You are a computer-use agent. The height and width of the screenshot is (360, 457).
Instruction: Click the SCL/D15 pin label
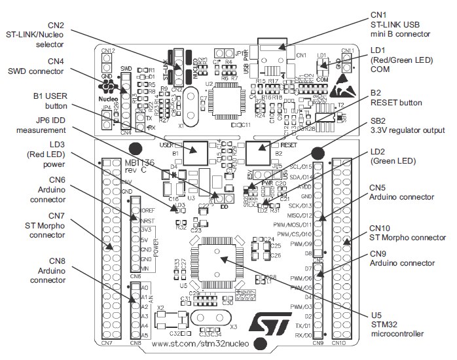301,168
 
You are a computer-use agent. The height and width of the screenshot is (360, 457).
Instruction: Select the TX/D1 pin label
301,326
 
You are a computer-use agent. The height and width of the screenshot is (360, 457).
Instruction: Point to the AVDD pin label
304,186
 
